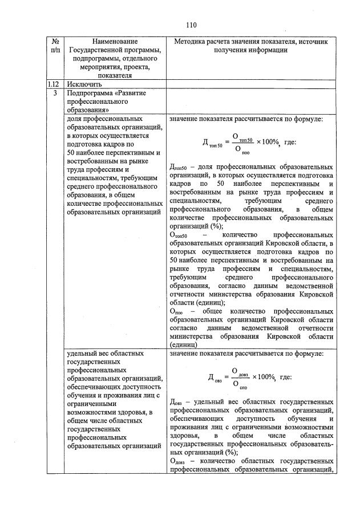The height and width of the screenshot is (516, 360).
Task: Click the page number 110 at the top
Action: click(191, 25)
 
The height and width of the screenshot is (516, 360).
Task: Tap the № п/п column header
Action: click(55, 46)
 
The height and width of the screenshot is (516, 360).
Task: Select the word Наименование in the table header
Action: click(115, 42)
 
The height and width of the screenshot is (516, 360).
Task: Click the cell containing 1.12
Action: click(55, 84)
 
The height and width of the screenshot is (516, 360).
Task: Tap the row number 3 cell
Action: click(55, 92)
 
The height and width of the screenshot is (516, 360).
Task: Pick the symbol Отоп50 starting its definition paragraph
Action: click(183, 235)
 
